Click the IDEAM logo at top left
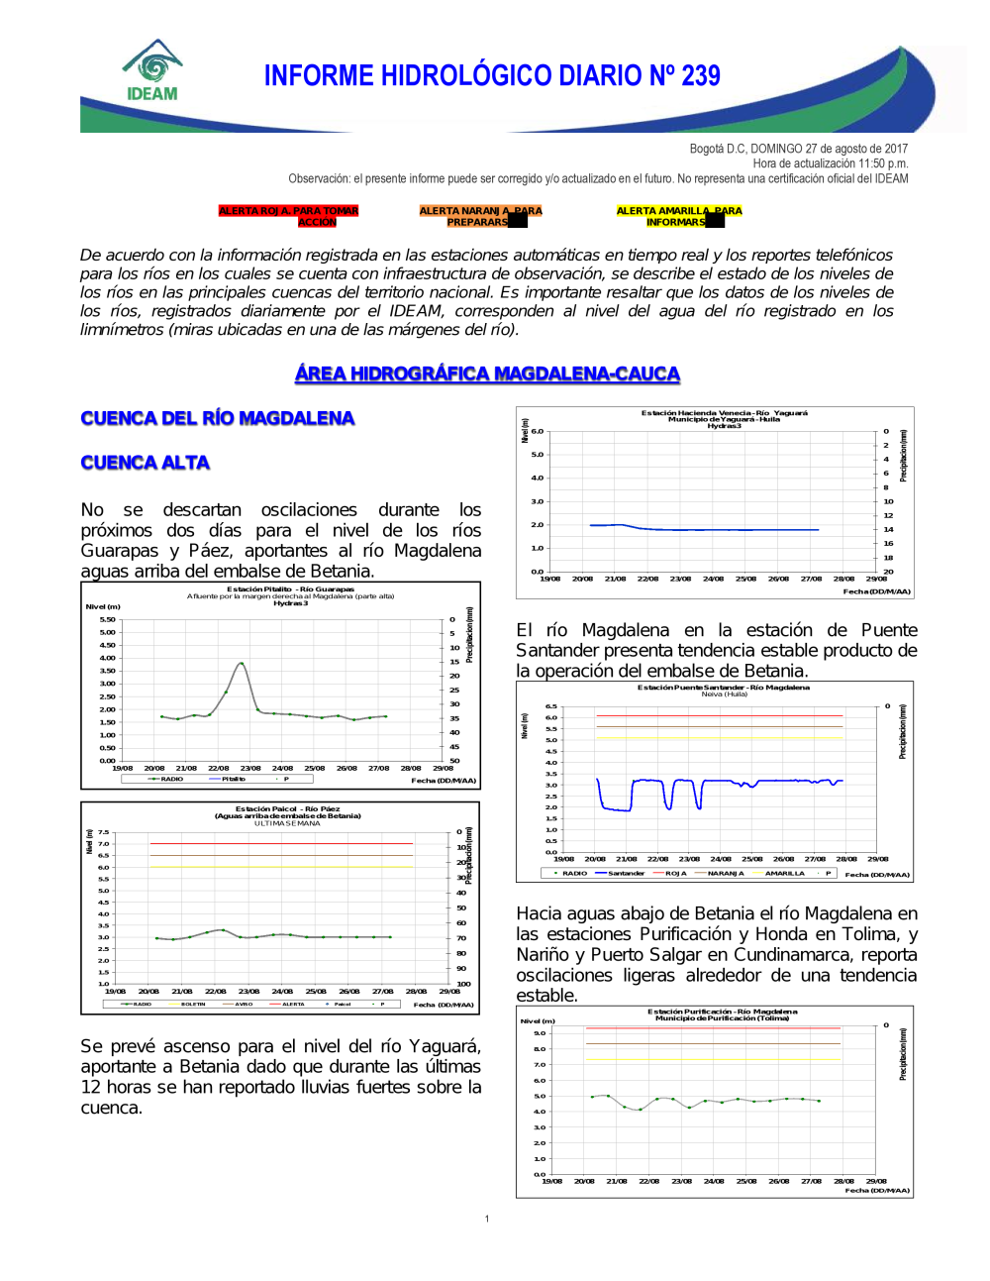152,71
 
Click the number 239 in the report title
700,76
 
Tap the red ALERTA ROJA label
288,216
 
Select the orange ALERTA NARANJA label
480,216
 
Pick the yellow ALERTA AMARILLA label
678,216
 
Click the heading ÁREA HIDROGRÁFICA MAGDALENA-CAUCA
487,374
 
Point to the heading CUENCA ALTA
146,463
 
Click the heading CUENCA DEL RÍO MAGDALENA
218,418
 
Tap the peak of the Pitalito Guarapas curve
241,663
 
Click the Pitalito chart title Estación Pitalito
290,589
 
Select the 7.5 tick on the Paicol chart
103,833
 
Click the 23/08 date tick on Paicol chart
248,991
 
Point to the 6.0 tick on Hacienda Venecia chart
538,432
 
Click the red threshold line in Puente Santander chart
720,715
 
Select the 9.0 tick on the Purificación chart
540,1033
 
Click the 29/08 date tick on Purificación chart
876,1181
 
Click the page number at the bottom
487,1219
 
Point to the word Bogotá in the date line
707,149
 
